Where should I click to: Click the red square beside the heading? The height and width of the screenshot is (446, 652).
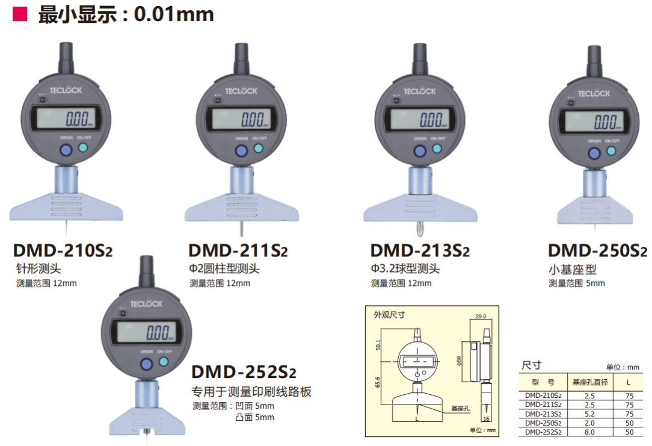coord(20,14)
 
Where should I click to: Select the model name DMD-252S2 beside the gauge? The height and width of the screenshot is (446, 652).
coord(244,371)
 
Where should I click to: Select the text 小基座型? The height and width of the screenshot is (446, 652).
coord(571,270)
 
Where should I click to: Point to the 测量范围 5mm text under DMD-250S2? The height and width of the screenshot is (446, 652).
coord(576,283)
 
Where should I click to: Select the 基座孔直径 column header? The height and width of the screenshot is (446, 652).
coord(590,382)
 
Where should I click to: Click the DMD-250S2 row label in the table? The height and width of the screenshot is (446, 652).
coord(543,423)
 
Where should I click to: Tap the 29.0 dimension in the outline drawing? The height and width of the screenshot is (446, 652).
coord(481,316)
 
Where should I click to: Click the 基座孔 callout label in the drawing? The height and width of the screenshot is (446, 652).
coord(460,407)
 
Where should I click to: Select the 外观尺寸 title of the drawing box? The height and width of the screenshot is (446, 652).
coord(389,314)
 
